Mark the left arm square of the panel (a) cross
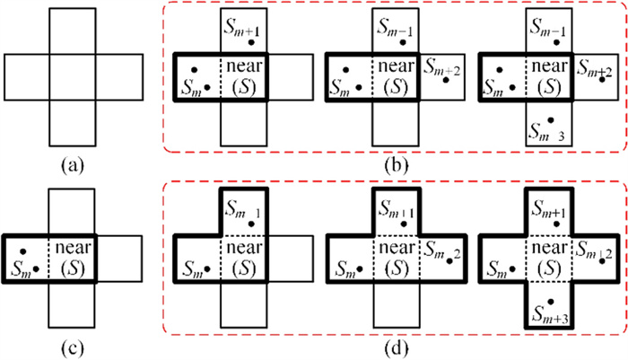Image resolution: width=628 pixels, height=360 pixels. coord(27,76)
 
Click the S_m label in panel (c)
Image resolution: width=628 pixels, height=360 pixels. coord(20,267)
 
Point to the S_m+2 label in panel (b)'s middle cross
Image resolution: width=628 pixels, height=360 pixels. coord(440,71)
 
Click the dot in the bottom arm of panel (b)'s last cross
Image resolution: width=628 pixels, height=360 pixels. coord(554,119)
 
